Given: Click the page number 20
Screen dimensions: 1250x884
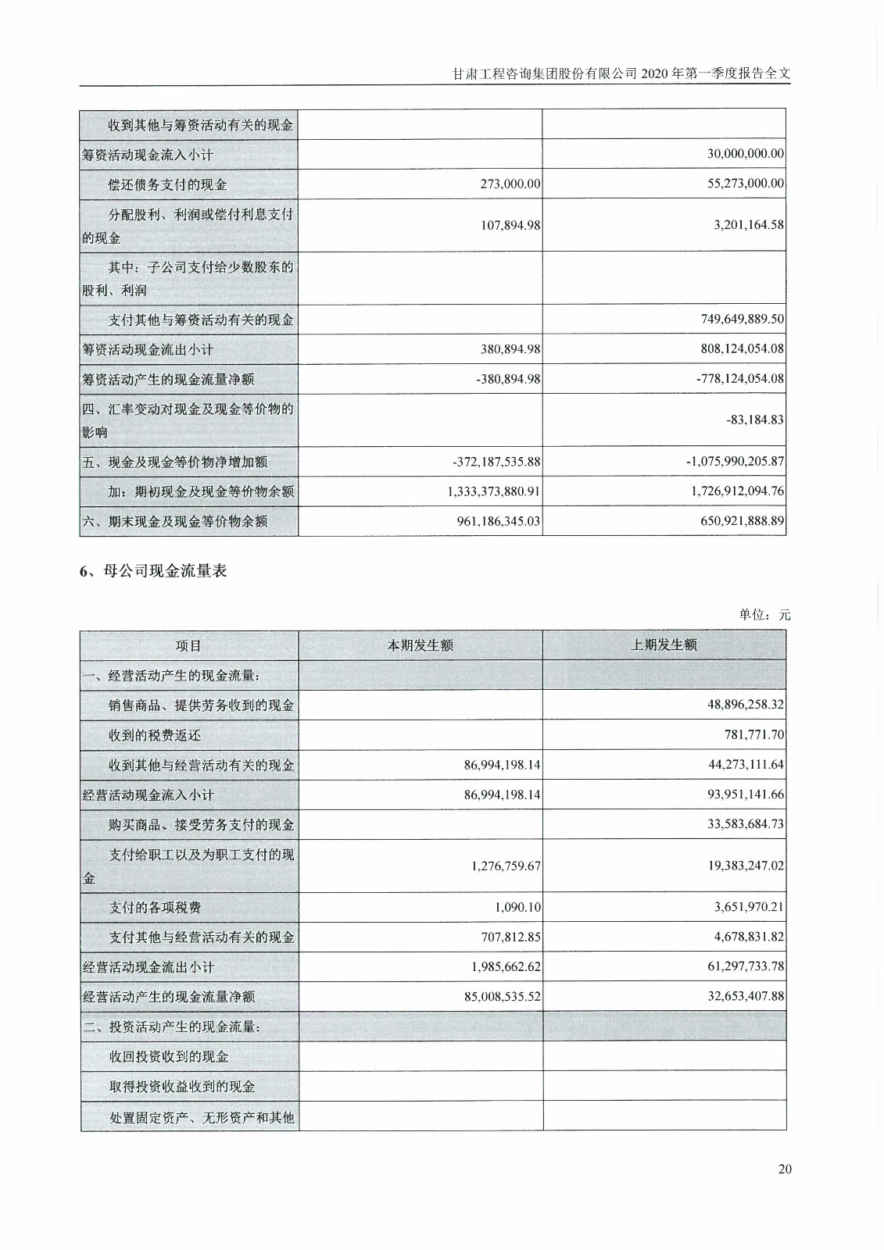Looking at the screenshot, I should tap(785, 1169).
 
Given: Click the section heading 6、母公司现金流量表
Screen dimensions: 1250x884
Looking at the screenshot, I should tap(153, 571).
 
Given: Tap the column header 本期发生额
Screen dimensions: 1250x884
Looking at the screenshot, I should tap(421, 645).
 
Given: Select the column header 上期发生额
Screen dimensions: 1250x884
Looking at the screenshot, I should tap(664, 645).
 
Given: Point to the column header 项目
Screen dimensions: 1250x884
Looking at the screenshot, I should tap(188, 645).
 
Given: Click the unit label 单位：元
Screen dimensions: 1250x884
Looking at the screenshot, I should tap(764, 615).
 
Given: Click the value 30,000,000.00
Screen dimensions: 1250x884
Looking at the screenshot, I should tap(745, 154).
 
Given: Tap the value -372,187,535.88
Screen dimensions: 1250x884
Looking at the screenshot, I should tap(496, 462).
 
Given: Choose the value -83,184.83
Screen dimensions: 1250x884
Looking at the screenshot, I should tap(754, 420).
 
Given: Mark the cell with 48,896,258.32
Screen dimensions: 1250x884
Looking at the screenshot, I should tap(746, 705).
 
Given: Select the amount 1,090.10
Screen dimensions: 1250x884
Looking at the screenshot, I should tap(517, 907).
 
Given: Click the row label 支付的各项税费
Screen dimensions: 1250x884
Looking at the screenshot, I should tap(155, 907).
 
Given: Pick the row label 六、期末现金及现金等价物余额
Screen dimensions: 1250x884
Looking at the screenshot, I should tap(175, 521).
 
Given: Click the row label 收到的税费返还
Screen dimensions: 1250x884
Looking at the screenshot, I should tap(155, 734).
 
